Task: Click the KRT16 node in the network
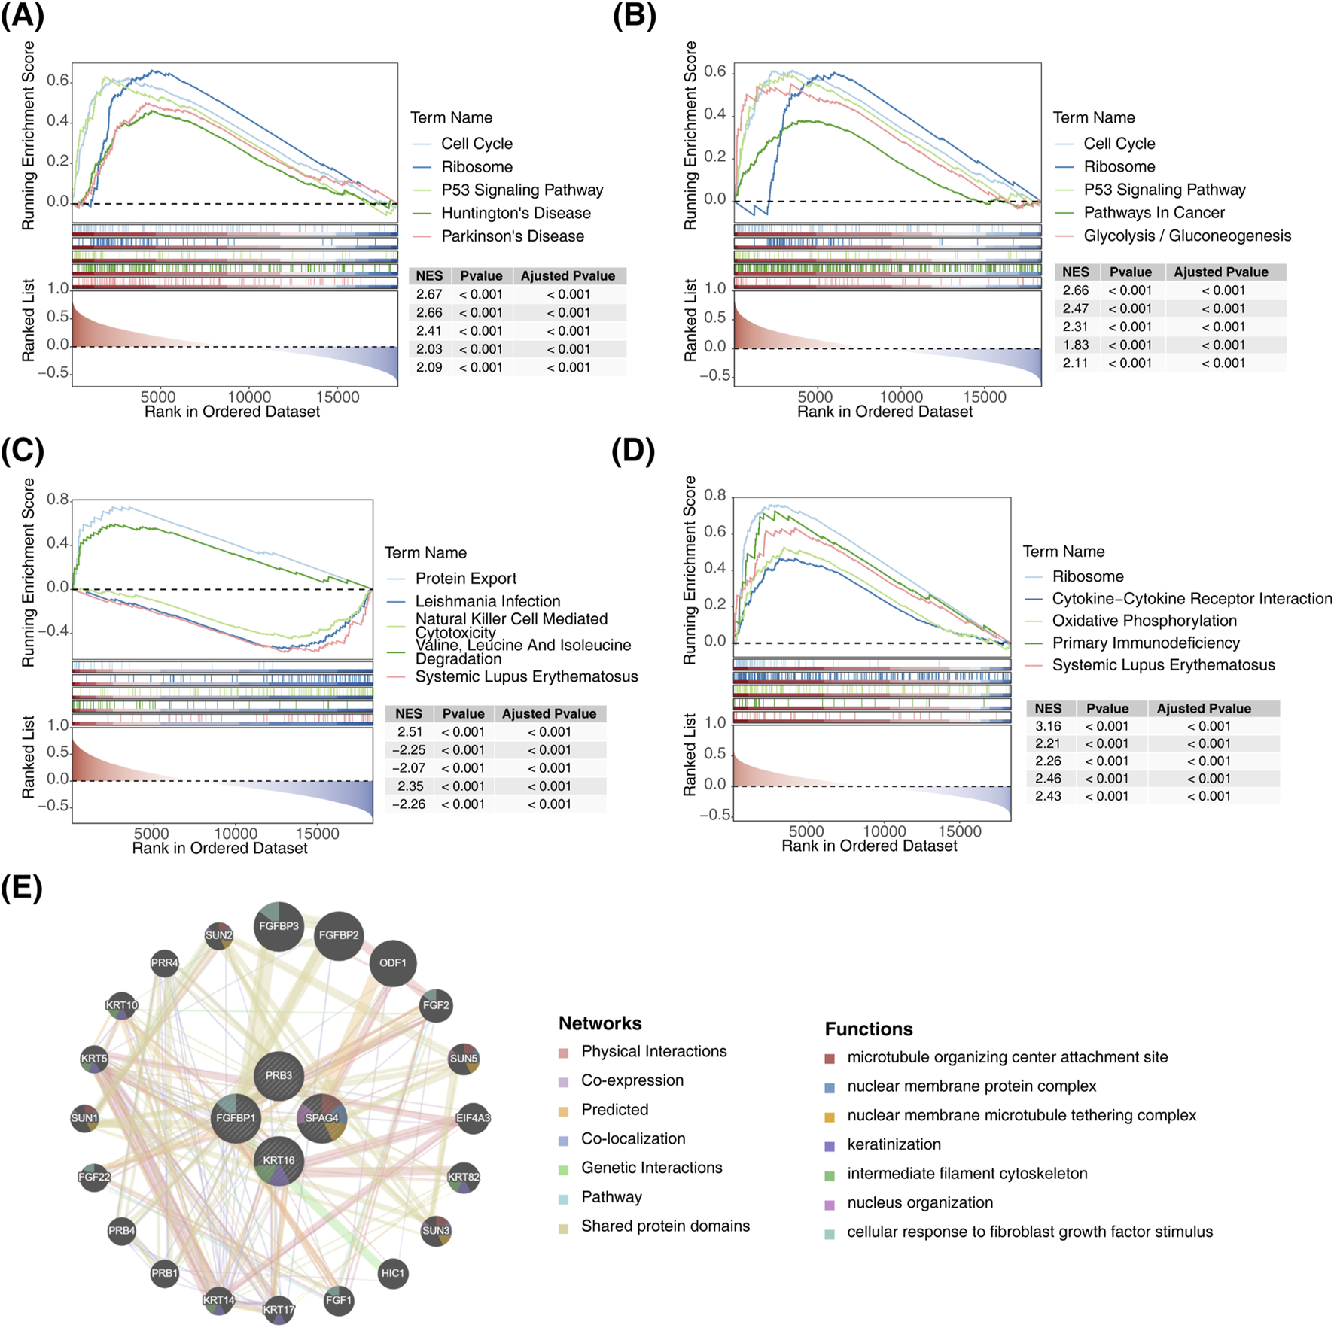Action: point(279,1160)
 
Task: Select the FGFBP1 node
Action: point(236,1118)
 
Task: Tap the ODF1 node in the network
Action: point(392,963)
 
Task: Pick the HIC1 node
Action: point(392,1273)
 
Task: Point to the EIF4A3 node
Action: point(473,1118)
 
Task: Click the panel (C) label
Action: point(23,451)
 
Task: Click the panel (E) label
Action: point(22,888)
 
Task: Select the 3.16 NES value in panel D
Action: point(1048,726)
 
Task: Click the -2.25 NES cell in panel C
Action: point(409,750)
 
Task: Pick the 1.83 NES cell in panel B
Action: point(1076,345)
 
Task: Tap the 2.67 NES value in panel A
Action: point(429,294)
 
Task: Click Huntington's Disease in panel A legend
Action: point(516,213)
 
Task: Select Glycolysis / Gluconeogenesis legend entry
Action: point(1187,236)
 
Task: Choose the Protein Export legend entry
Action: point(465,578)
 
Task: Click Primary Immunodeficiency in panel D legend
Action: point(1146,643)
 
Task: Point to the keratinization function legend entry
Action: point(894,1144)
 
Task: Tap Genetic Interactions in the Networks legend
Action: point(651,1168)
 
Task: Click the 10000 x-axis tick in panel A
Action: point(248,397)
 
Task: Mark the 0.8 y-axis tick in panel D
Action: point(714,496)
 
